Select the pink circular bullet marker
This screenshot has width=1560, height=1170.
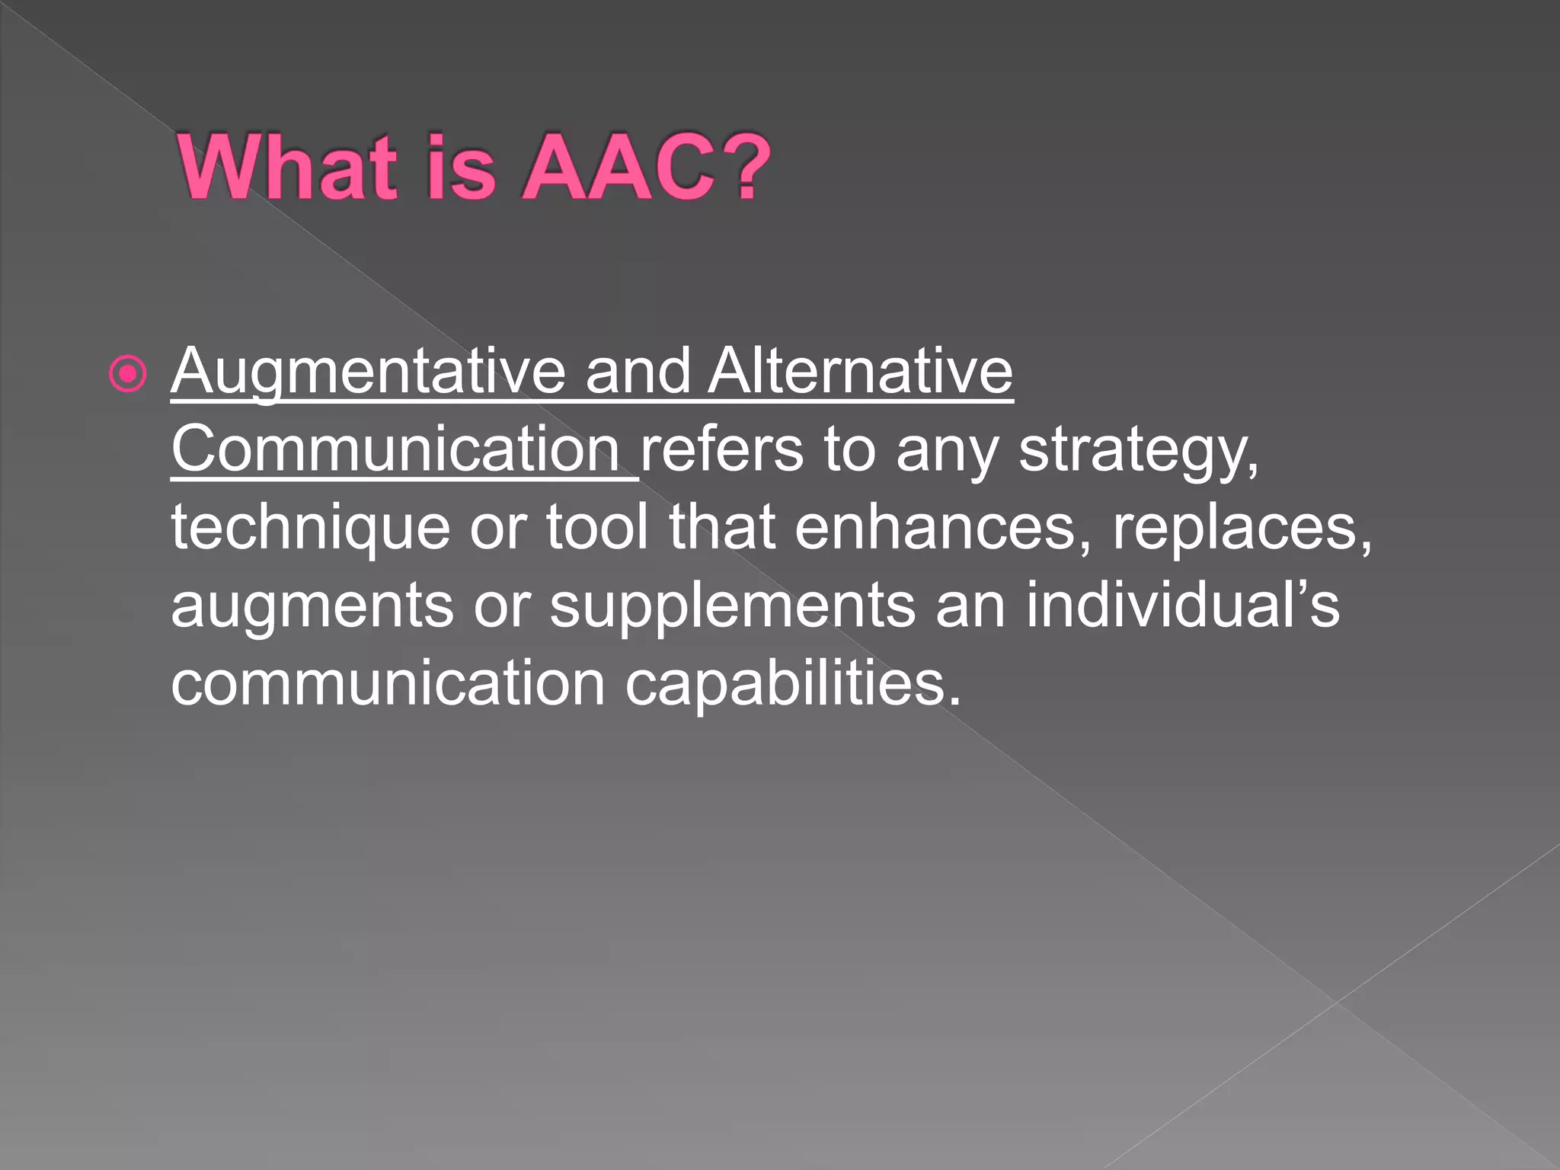[x=127, y=374]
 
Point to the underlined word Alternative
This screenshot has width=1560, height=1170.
[x=861, y=372]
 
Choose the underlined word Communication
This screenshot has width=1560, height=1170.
[x=396, y=449]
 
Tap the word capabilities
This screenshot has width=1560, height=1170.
[x=792, y=684]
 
